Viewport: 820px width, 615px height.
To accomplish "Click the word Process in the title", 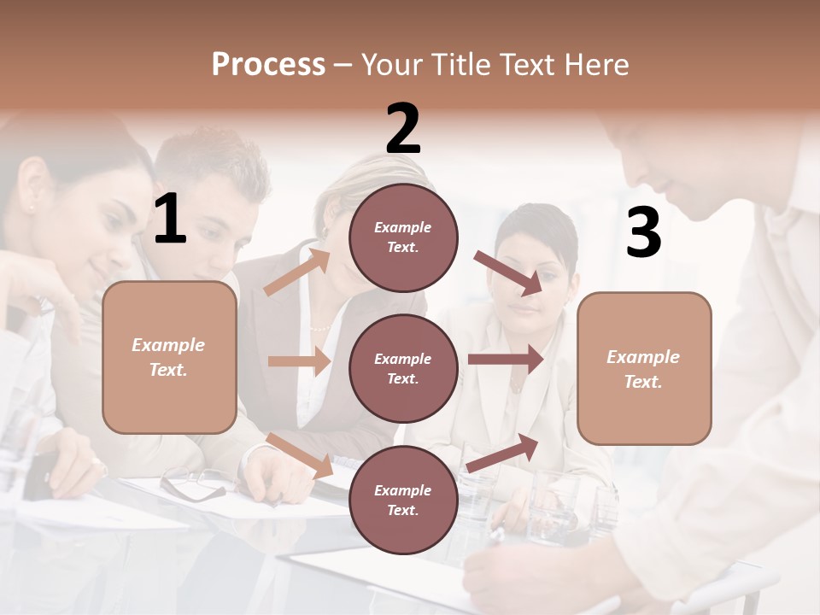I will tap(268, 65).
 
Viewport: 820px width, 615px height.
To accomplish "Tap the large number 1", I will tap(170, 219).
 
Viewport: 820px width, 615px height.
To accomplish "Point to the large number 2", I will tap(403, 129).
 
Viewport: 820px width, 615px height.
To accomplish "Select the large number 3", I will tap(643, 232).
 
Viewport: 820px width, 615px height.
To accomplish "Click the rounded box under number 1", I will tap(169, 357).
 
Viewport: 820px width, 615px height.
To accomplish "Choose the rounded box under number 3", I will tap(644, 368).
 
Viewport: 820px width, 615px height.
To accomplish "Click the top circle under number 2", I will tap(403, 237).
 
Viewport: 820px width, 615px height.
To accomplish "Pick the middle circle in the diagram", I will tap(403, 368).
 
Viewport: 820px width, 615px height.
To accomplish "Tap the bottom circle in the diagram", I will tap(403, 500).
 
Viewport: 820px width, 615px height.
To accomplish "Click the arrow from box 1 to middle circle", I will tap(299, 361).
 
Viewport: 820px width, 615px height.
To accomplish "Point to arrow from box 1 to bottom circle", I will tap(300, 454).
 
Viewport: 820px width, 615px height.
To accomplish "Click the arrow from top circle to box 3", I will tap(507, 273).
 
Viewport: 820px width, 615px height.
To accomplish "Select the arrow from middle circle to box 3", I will tap(505, 360).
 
